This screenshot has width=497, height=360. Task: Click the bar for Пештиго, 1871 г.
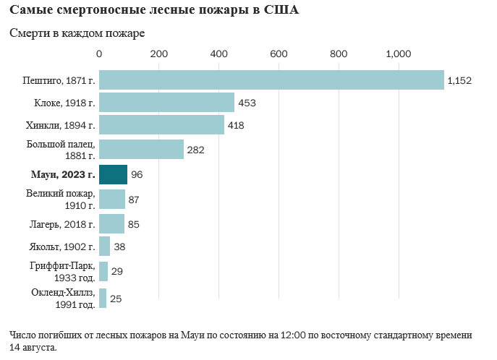click(271, 80)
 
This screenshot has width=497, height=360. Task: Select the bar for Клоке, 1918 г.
click(166, 103)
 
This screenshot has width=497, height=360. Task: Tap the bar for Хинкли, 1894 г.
click(161, 126)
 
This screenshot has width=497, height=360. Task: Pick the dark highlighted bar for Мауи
click(113, 175)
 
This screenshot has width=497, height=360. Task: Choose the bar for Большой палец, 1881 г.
click(141, 150)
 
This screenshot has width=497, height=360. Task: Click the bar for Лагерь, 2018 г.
click(111, 224)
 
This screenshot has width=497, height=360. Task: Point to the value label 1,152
click(459, 80)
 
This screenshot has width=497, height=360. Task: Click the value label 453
click(247, 103)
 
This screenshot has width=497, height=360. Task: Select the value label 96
click(137, 175)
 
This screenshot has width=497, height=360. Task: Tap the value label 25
click(116, 299)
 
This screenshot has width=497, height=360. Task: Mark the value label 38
click(119, 247)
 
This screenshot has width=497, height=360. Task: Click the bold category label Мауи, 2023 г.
click(63, 174)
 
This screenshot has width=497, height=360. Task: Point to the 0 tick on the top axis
click(99, 53)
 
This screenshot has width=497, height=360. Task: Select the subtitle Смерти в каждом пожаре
click(77, 34)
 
